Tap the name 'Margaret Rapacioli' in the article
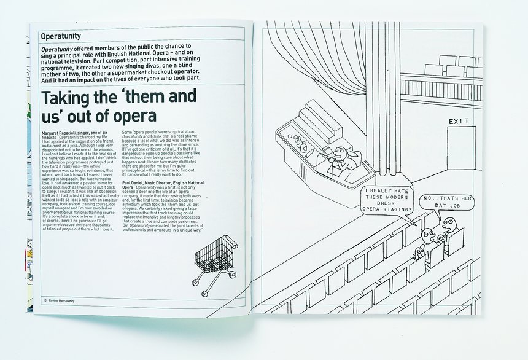pos(63,133)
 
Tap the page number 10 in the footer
pos(45,300)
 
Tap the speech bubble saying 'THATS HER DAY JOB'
pos(446,203)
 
